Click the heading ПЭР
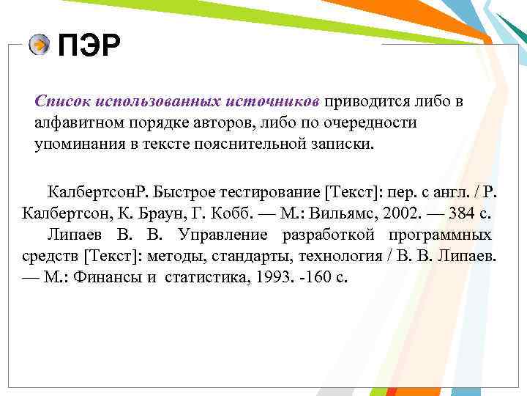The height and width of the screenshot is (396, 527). pyautogui.click(x=89, y=46)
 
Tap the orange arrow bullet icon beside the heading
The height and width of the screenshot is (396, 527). pyautogui.click(x=40, y=45)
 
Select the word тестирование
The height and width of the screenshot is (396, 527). pyautogui.click(x=266, y=194)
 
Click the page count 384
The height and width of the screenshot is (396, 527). pyautogui.click(x=457, y=214)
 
